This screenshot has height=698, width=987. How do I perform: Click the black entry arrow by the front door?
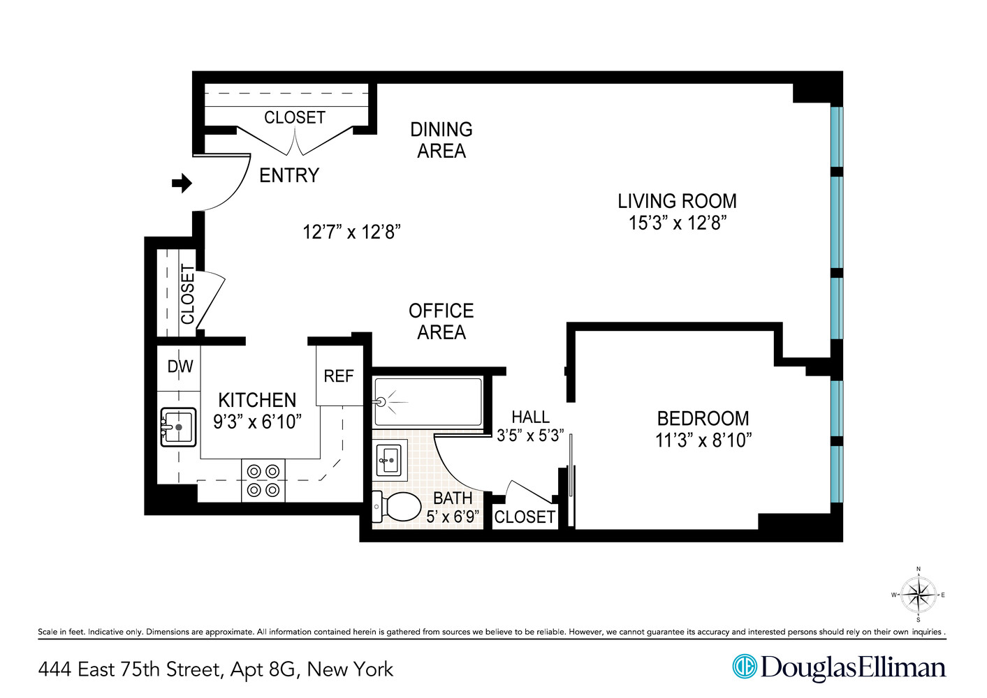(x=182, y=184)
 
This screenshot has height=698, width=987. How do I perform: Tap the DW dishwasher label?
(x=180, y=366)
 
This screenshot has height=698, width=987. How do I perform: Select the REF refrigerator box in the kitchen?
(x=339, y=377)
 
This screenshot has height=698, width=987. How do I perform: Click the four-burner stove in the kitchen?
(x=263, y=481)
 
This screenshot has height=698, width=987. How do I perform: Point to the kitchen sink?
(x=178, y=426)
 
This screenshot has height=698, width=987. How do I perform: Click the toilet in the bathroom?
(x=397, y=507)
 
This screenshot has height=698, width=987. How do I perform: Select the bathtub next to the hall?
(x=427, y=402)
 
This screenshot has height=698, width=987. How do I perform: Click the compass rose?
(x=918, y=595)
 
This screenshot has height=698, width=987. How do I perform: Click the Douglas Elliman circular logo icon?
(x=745, y=667)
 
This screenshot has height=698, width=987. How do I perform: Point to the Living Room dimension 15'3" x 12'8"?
(x=677, y=223)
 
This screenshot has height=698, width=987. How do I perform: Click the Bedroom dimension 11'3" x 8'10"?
(x=703, y=440)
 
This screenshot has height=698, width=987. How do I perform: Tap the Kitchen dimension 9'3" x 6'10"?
(x=257, y=422)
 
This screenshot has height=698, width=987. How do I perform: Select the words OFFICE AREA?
(x=441, y=322)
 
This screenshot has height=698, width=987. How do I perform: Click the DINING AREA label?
(x=441, y=140)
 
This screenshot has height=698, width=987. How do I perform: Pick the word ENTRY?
(x=289, y=175)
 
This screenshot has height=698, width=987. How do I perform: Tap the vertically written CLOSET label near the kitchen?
(x=187, y=294)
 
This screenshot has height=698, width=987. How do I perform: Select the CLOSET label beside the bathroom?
(x=525, y=517)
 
